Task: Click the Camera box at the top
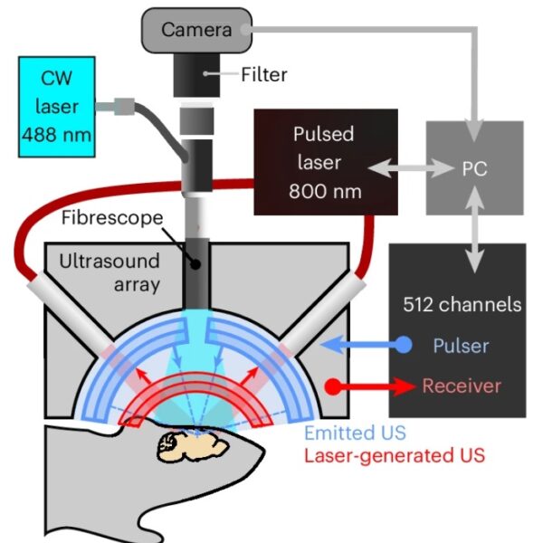pos(195,30)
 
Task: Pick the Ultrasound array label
pos(109,272)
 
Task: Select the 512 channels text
pos(462,305)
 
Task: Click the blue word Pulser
pos(462,346)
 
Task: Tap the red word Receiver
pos(462,386)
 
